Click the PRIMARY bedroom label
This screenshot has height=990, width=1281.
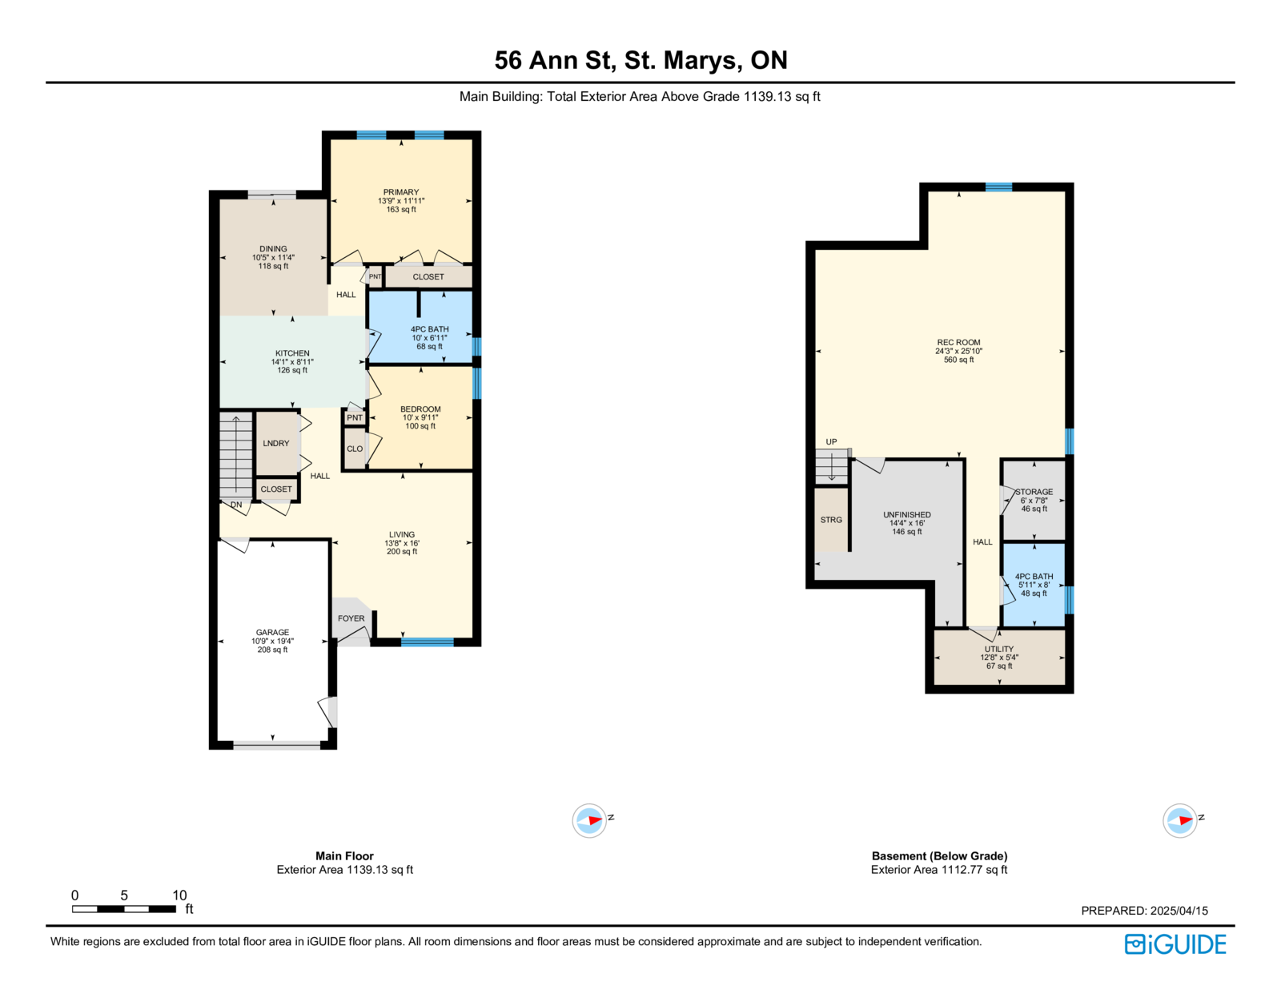coord(401,192)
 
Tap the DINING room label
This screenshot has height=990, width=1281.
coord(273,249)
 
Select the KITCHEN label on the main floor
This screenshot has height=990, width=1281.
coord(291,353)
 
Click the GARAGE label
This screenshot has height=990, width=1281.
coord(272,632)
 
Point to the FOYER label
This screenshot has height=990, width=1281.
coord(351,618)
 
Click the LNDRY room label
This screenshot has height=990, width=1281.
coord(276,443)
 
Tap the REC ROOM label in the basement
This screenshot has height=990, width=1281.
coord(958,342)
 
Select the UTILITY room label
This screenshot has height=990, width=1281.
coord(998,649)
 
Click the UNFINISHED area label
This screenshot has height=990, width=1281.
coord(906,514)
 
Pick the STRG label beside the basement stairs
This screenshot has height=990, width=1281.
coord(831,520)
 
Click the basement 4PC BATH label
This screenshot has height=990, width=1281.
coord(1034,576)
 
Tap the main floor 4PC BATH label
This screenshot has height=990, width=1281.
coord(429,329)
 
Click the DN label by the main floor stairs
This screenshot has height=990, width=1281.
coord(236,505)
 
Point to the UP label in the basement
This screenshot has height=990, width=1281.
coord(831,441)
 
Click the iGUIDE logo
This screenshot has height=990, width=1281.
coord(1175,944)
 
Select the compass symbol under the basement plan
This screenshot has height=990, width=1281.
coord(1179,819)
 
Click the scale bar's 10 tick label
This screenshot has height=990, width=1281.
coord(179,895)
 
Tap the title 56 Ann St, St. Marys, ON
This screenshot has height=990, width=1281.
coord(640,60)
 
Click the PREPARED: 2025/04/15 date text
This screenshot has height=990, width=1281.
coord(1144,911)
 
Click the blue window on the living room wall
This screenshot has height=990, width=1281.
coord(427,642)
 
